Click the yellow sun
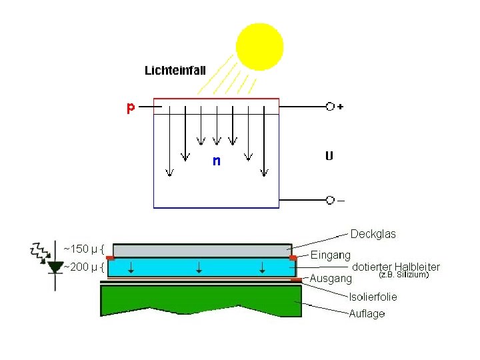coord(259,47)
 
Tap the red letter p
coord(131,108)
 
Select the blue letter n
coord(216,161)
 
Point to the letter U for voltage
coord(329,157)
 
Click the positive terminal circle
coord(329,107)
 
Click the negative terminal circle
coord(329,200)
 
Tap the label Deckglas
coord(373,234)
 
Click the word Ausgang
coord(331,278)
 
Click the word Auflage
coord(367,313)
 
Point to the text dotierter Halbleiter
coord(395,267)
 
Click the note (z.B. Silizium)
coord(403,274)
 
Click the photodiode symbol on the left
coord(55,267)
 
